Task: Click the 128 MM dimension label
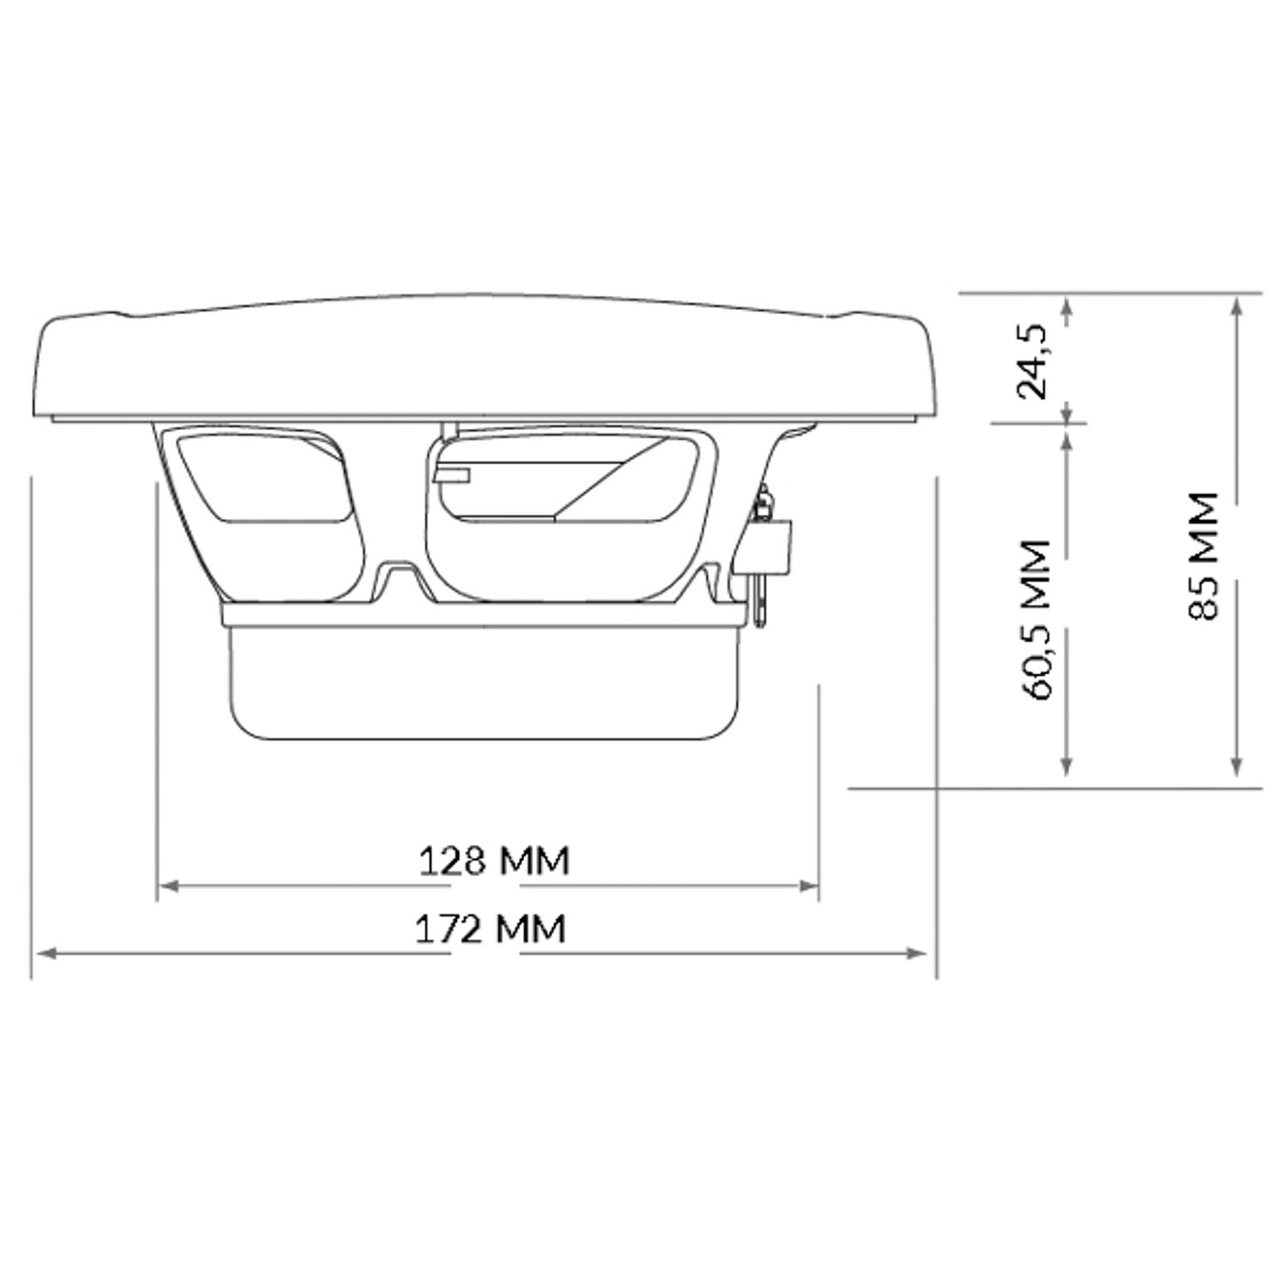[494, 861]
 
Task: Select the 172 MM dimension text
[491, 928]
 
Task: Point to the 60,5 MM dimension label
[1038, 619]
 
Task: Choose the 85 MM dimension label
[1203, 555]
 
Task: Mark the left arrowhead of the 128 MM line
[168, 885]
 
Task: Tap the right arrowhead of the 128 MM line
[807, 885]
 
